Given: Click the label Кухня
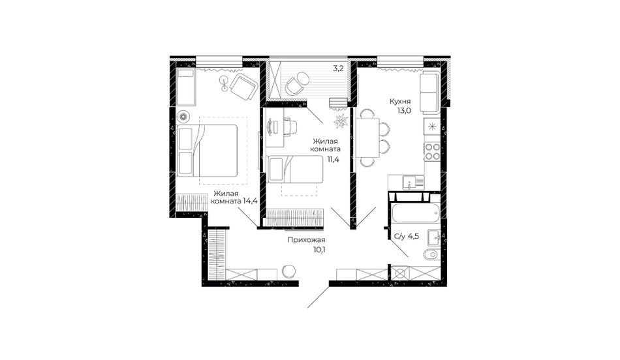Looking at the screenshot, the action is [x=401, y=102].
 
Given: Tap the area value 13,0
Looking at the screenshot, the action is [x=405, y=111].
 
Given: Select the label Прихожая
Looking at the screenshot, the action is [x=306, y=240].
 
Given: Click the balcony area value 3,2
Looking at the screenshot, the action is [x=338, y=68].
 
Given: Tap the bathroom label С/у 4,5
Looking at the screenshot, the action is [x=407, y=236].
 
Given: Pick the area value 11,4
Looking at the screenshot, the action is [x=333, y=160].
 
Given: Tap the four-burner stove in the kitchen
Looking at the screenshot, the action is [x=432, y=151].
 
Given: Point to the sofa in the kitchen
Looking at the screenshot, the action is [x=430, y=92].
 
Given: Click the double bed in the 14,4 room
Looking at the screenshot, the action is [x=207, y=151].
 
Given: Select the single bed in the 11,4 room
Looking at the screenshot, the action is [x=296, y=169].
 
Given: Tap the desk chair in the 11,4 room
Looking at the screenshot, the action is [x=290, y=127].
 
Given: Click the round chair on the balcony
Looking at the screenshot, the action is [x=296, y=84].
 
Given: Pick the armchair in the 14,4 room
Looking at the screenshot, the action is [x=243, y=87].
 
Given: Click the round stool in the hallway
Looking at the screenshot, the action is [x=288, y=271].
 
